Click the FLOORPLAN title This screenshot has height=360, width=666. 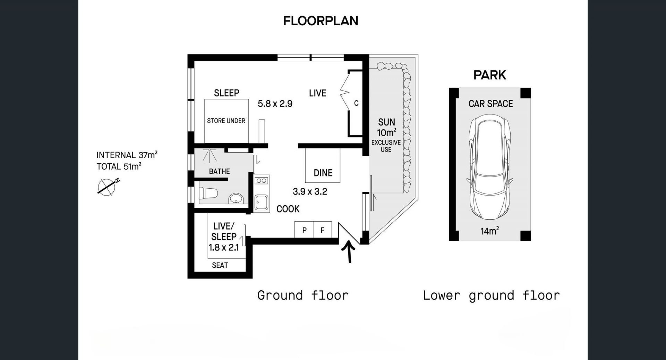pos(321,21)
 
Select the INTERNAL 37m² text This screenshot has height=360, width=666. pos(127,155)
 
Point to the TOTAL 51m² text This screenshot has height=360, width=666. pos(119,166)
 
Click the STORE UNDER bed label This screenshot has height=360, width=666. pos(226,121)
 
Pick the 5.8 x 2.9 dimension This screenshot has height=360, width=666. pos(275,104)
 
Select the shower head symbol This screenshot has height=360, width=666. pos(210,155)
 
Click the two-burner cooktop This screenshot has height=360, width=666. pos(262,180)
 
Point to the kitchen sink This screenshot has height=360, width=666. pos(262,203)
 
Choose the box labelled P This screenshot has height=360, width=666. pos(304,230)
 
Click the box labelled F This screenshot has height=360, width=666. pos(323,230)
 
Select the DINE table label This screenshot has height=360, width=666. pos(323,173)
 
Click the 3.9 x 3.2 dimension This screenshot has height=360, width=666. pos(310,191)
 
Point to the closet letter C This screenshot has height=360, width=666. pos(356,103)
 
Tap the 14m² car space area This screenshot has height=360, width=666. pos(490,231)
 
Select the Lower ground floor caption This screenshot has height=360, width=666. pos(491,295)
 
